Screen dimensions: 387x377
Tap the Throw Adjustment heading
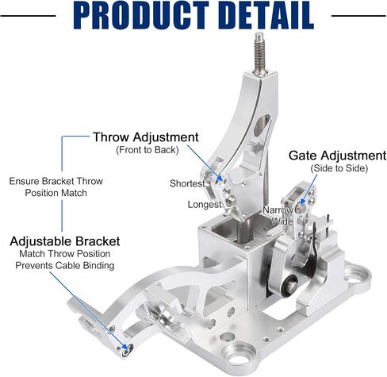(x=146, y=137)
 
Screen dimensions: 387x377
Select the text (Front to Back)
(x=148, y=150)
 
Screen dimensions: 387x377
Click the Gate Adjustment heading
(x=337, y=156)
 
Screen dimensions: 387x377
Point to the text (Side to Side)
(x=339, y=168)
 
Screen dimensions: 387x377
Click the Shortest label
(x=187, y=183)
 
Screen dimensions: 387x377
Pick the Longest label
(x=205, y=204)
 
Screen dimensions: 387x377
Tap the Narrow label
(x=278, y=210)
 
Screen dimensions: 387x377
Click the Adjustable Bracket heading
(x=65, y=241)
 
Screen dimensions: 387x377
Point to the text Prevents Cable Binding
(x=65, y=265)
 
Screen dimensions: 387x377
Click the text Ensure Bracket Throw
(x=56, y=181)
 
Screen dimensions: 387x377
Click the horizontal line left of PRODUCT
(x=28, y=16)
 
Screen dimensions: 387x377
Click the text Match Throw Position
(x=65, y=254)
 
